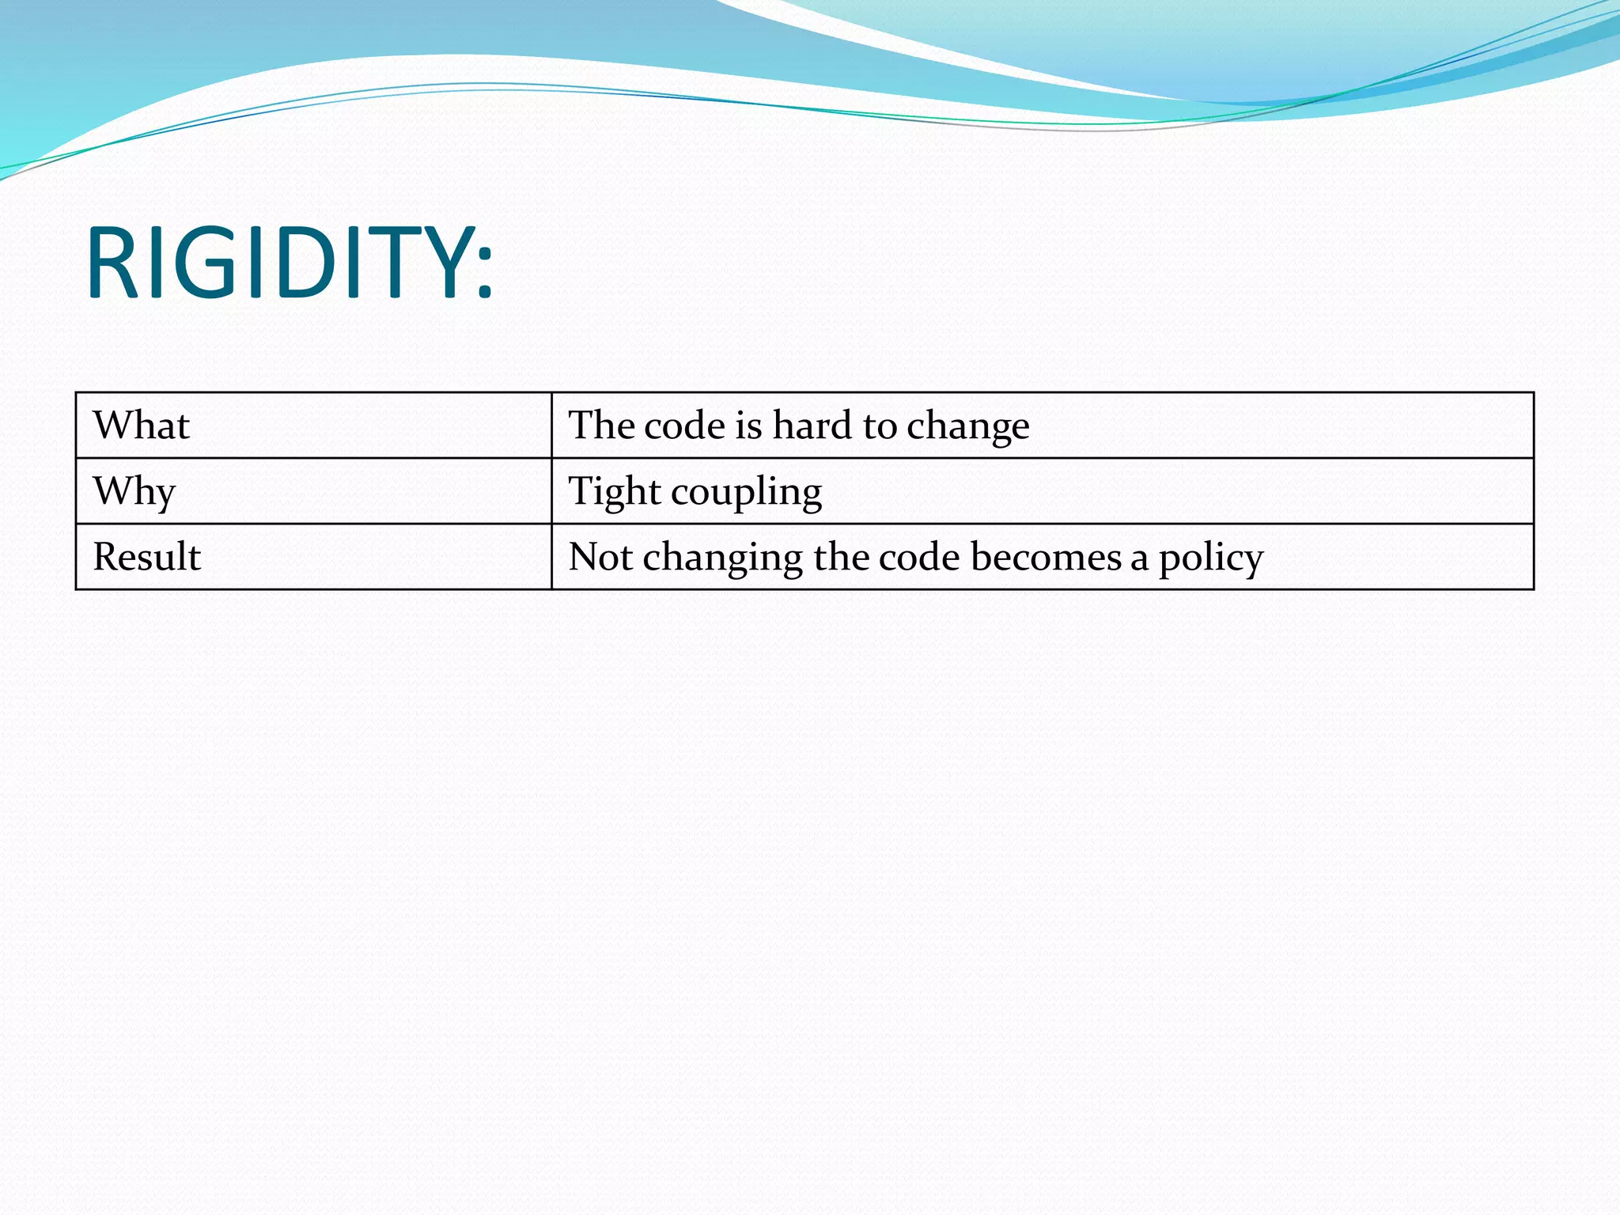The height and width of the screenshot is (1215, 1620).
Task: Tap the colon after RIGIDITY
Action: [x=485, y=273]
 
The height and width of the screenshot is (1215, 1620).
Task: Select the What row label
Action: [x=141, y=426]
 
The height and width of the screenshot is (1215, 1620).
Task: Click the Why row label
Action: [x=134, y=491]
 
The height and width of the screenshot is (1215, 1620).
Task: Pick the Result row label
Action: [x=146, y=557]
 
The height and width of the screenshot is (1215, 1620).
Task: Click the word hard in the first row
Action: [x=812, y=426]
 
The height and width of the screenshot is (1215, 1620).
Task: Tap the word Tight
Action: [x=615, y=492]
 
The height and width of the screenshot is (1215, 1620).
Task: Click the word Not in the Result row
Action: [x=600, y=557]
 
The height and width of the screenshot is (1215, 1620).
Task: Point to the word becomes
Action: [x=1045, y=557]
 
